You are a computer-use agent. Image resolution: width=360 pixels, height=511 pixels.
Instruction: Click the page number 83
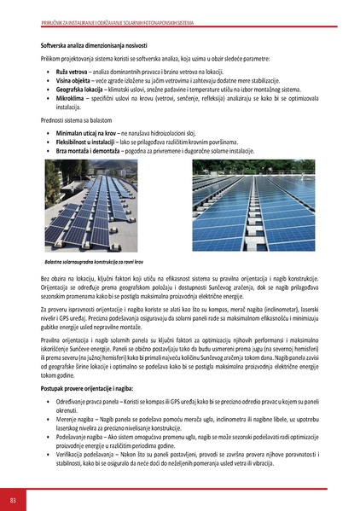click(x=13, y=499)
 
